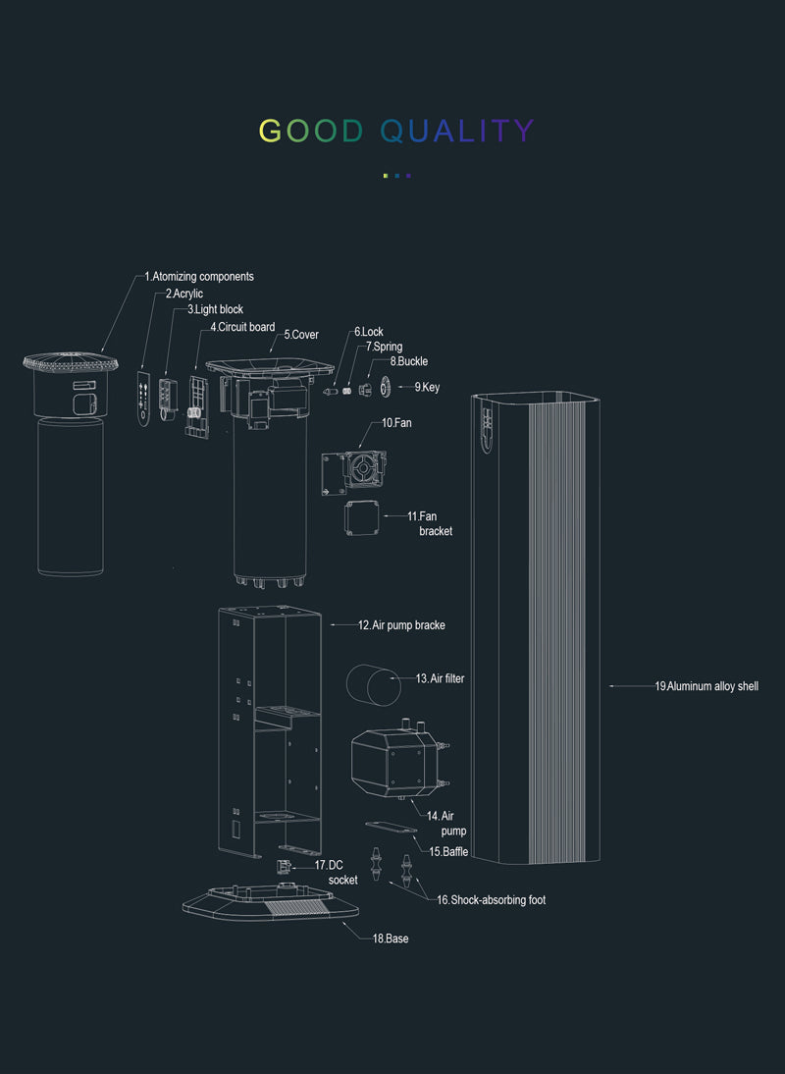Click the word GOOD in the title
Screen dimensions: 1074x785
point(311,131)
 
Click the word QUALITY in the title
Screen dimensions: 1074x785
point(457,131)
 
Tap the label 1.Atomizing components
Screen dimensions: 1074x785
point(199,277)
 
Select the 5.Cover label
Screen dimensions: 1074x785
point(301,335)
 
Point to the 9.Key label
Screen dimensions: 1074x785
point(427,388)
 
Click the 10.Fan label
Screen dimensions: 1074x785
point(396,423)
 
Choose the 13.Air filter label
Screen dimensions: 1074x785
point(440,678)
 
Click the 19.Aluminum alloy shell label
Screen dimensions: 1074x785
point(706,686)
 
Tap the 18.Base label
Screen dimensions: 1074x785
point(390,940)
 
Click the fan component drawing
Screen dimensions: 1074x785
point(354,472)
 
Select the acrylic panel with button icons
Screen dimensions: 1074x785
point(144,399)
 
